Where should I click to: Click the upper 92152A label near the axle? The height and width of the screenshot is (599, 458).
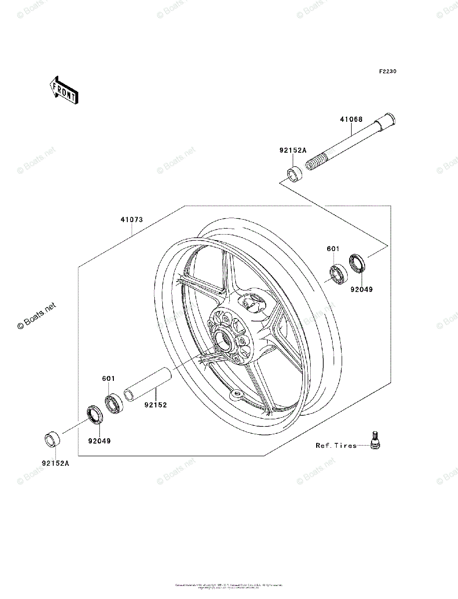[x=293, y=150]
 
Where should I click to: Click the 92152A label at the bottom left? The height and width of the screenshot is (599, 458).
[x=55, y=463]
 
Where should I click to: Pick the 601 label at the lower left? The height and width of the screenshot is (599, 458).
[x=108, y=379]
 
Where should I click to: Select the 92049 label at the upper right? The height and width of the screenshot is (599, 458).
[x=361, y=289]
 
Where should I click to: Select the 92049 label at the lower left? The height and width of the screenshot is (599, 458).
[x=99, y=441]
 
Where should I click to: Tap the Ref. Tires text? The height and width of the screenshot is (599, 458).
[x=336, y=445]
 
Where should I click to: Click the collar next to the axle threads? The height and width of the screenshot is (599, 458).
[x=294, y=175]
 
